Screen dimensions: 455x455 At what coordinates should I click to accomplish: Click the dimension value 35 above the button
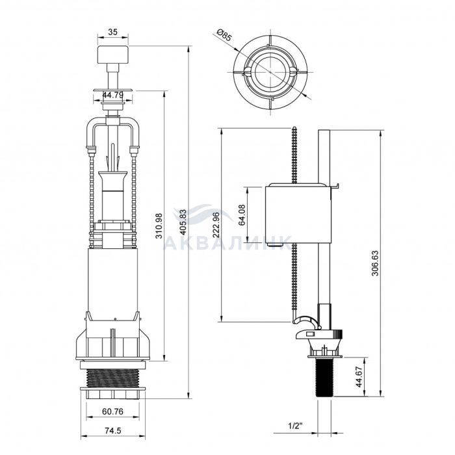click(x=112, y=32)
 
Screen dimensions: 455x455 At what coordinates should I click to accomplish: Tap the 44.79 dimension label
click(x=113, y=95)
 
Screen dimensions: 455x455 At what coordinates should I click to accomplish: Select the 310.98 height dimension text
click(x=159, y=226)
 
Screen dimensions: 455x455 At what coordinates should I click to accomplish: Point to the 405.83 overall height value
click(x=183, y=222)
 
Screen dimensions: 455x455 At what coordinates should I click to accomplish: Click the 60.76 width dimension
click(x=112, y=411)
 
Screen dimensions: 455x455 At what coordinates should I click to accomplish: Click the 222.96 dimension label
click(x=216, y=225)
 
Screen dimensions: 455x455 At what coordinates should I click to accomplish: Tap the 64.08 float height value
click(x=241, y=214)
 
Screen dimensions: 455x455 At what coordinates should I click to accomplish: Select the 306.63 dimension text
click(x=375, y=263)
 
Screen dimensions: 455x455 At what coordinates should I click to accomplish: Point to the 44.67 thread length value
click(x=359, y=376)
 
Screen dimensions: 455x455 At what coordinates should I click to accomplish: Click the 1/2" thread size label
click(x=295, y=426)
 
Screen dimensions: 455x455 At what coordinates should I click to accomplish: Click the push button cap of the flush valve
click(x=112, y=55)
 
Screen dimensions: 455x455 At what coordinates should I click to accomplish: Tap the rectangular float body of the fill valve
click(x=298, y=214)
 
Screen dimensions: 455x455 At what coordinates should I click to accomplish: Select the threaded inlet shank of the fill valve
click(x=324, y=376)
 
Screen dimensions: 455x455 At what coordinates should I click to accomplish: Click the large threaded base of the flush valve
click(x=113, y=378)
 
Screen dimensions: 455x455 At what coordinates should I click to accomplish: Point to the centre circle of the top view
click(x=270, y=71)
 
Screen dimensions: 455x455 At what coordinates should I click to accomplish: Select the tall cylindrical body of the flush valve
click(x=112, y=280)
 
